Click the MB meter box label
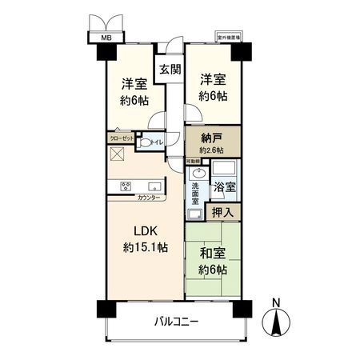pyautogui.click(x=106, y=38)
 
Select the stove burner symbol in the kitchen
pyautogui.click(x=126, y=186)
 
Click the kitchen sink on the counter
pyautogui.click(x=152, y=185)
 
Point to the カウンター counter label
pyautogui.click(x=147, y=198)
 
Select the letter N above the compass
pyautogui.click(x=277, y=303)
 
